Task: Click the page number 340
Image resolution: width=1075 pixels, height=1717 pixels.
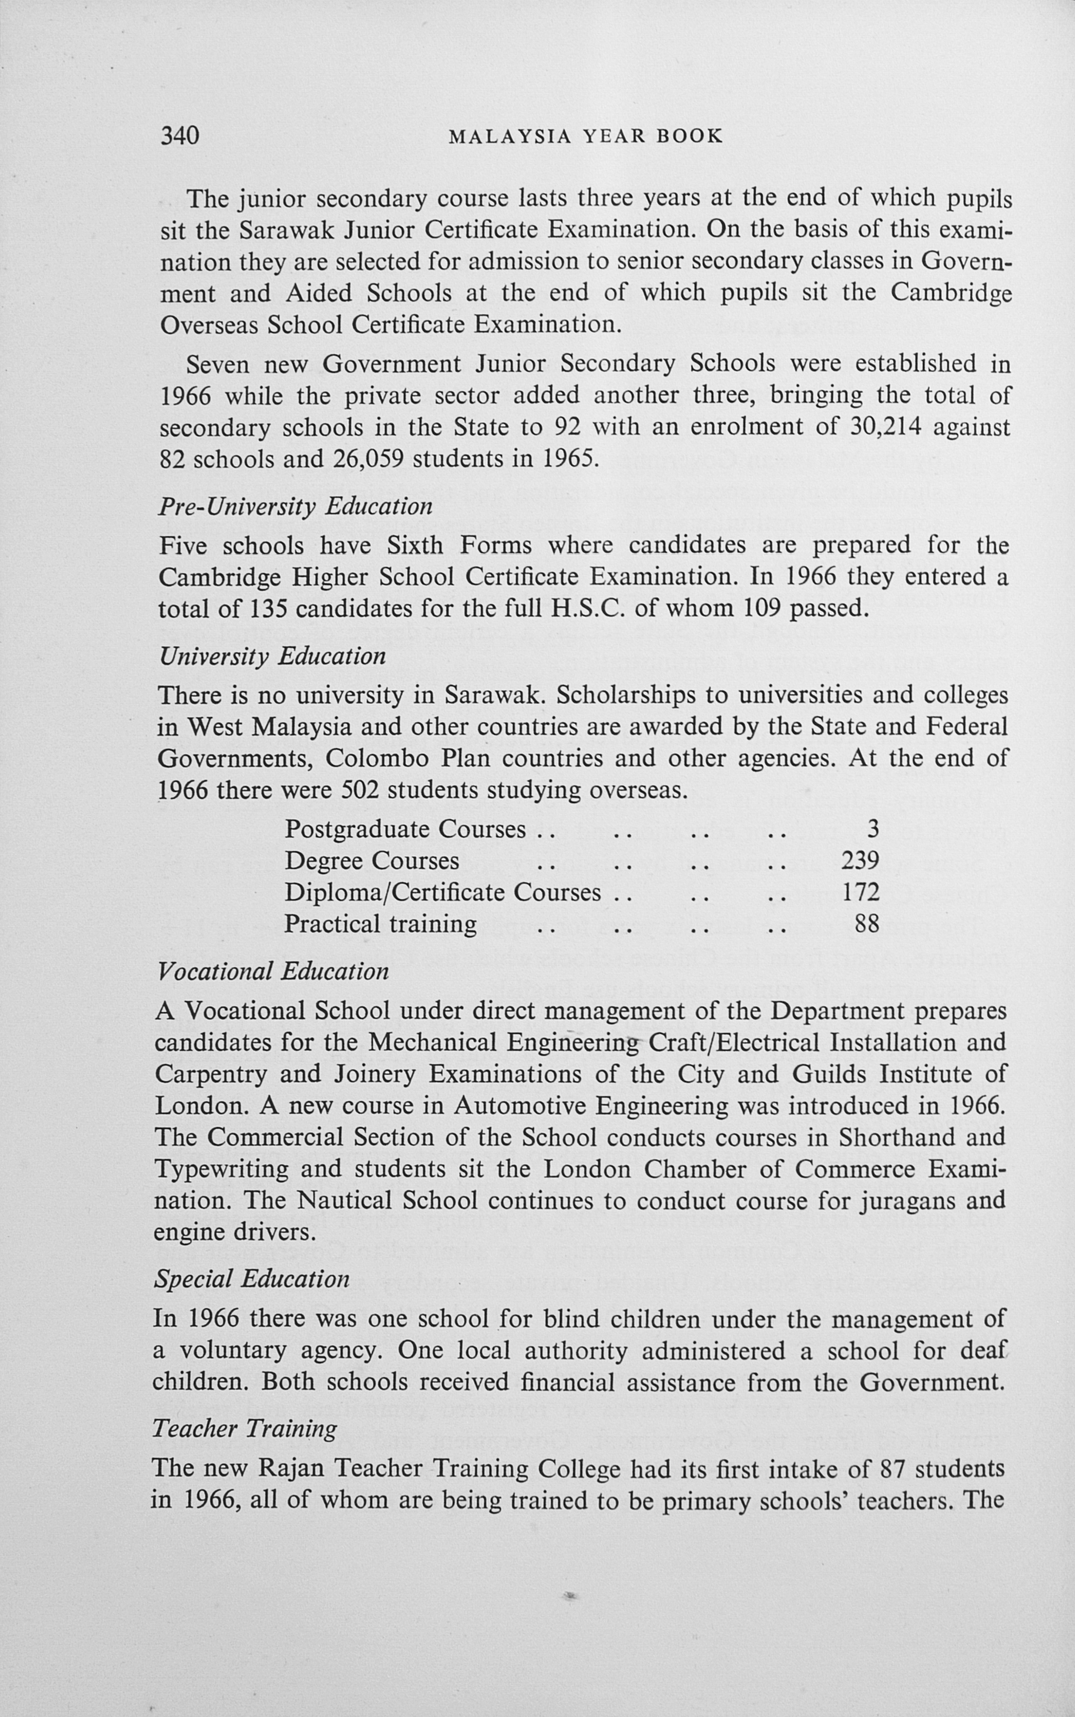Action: click(179, 135)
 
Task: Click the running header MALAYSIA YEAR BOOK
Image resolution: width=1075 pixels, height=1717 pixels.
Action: click(586, 136)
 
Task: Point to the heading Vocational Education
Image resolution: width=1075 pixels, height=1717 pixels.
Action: click(272, 971)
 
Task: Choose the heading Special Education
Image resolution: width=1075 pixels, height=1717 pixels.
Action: click(252, 1279)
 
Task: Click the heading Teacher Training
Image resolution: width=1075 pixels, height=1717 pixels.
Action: click(244, 1429)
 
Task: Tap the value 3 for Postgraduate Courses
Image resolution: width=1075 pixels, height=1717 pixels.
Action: click(873, 828)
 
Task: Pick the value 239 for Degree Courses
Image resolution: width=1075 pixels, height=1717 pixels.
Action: click(860, 860)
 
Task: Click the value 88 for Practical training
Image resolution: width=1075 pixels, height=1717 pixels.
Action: click(867, 924)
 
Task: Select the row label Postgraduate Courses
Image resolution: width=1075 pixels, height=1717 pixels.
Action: click(406, 829)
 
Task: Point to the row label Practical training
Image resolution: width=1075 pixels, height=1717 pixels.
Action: click(380, 924)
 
